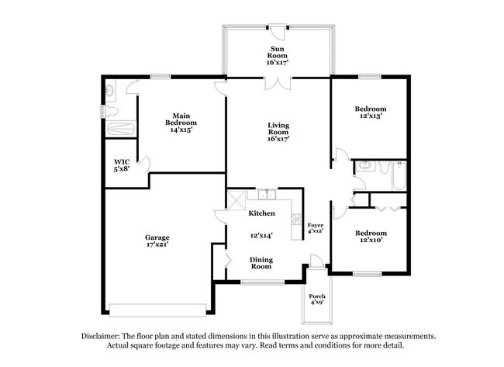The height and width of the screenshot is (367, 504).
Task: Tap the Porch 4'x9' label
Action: pos(317,299)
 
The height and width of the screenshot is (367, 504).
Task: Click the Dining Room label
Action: pos(261,262)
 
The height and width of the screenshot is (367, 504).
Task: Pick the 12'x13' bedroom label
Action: pos(370,113)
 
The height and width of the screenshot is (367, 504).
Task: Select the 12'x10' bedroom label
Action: pos(370,237)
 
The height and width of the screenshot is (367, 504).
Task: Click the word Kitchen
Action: pos(262,213)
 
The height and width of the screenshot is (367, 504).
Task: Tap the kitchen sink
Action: pos(268,195)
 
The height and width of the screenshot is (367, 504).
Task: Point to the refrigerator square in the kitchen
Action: pos(233,199)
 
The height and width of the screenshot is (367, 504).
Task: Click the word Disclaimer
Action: pos(102,336)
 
